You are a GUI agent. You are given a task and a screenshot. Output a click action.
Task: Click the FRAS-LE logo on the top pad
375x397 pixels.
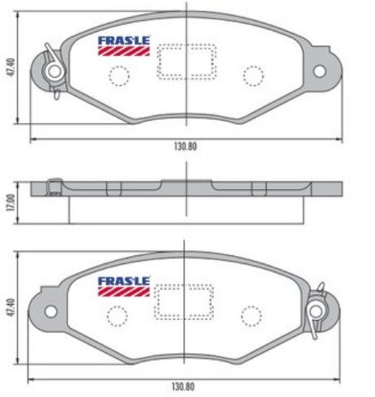[x=124, y=45]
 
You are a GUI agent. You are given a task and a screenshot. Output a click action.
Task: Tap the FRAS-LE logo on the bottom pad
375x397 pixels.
[x=124, y=285]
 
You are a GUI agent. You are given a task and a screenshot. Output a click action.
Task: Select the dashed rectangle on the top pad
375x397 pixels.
[x=186, y=62]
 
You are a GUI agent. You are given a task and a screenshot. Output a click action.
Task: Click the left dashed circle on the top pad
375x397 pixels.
[x=120, y=75]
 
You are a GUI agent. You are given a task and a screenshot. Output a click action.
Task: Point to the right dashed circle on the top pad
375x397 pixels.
[x=254, y=75]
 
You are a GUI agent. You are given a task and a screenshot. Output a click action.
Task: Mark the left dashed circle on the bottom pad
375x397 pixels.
[x=120, y=314]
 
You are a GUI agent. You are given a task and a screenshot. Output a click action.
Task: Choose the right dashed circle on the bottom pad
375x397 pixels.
[x=254, y=314]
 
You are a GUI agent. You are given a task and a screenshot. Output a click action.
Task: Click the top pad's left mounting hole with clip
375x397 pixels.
[x=55, y=72]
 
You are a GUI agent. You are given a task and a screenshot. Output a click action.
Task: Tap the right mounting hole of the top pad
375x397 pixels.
[x=319, y=71]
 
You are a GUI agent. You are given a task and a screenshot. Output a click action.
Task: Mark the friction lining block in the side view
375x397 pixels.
[x=186, y=210]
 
